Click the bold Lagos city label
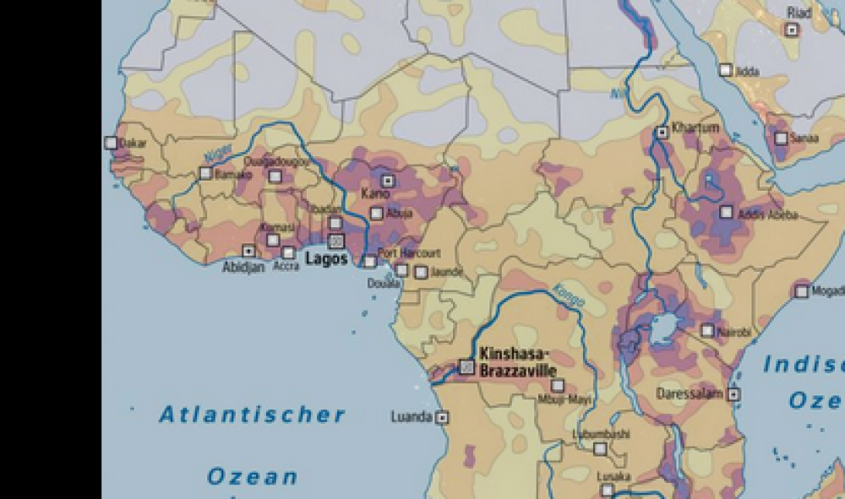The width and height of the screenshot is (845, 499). (x=326, y=259)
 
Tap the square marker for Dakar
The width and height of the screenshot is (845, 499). (x=111, y=144)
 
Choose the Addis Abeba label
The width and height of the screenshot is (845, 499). (x=767, y=215)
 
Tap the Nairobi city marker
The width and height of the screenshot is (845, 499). (x=707, y=331)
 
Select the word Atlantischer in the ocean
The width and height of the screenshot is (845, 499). (x=253, y=415)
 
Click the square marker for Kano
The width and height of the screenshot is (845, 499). (x=387, y=180)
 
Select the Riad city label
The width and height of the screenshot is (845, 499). (x=799, y=13)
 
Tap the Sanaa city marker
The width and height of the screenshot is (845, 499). (x=781, y=138)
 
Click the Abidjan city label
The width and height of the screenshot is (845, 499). (x=243, y=267)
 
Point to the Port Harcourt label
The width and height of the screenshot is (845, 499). (x=409, y=252)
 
